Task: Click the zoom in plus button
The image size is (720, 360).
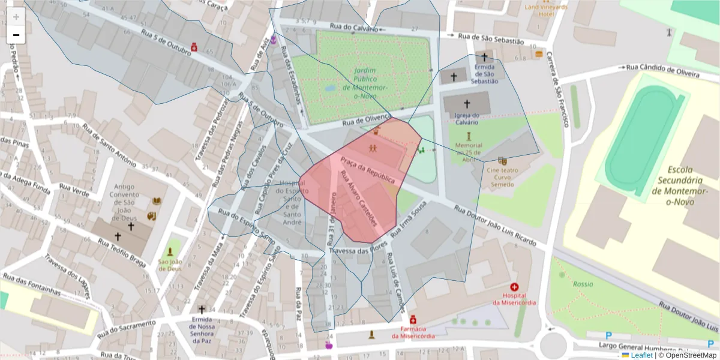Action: point(16,16)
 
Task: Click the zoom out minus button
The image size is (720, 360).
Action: point(16,35)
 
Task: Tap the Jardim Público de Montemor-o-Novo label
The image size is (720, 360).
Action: point(365,83)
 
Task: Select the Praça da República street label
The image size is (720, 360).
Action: point(368,170)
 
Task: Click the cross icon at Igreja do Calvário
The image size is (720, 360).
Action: point(467,104)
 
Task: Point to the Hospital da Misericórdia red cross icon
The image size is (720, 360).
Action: point(514,287)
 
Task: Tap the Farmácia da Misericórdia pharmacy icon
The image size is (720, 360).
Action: point(413,321)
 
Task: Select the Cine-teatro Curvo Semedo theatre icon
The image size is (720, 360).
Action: point(502,161)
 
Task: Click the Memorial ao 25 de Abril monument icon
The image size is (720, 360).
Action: point(469,136)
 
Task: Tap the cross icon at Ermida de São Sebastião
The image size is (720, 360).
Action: point(484,56)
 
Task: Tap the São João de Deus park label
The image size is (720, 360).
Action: point(170,265)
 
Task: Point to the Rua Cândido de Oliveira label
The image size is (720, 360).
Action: point(662,70)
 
